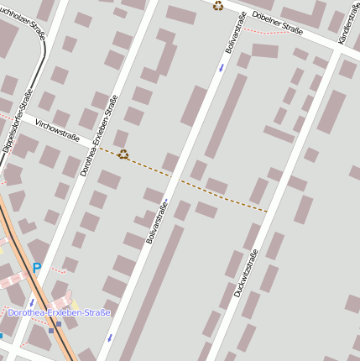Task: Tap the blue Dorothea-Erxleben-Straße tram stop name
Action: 59,312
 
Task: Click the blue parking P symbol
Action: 36,268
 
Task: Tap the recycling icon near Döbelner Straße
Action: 218,6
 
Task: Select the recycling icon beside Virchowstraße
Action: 123,154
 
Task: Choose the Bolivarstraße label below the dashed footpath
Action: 157,221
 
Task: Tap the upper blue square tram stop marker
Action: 58,323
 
